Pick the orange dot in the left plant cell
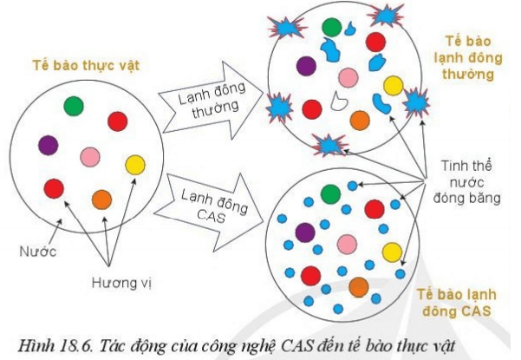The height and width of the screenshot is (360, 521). point(101,199)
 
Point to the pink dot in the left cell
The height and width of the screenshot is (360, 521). point(91,157)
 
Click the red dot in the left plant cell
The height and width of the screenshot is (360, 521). point(54,187)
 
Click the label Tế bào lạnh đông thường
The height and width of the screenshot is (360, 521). point(468,58)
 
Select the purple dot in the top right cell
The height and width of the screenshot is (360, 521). point(305,64)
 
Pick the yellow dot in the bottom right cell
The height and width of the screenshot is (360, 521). point(392,252)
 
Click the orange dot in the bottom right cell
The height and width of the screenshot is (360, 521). point(359,286)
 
